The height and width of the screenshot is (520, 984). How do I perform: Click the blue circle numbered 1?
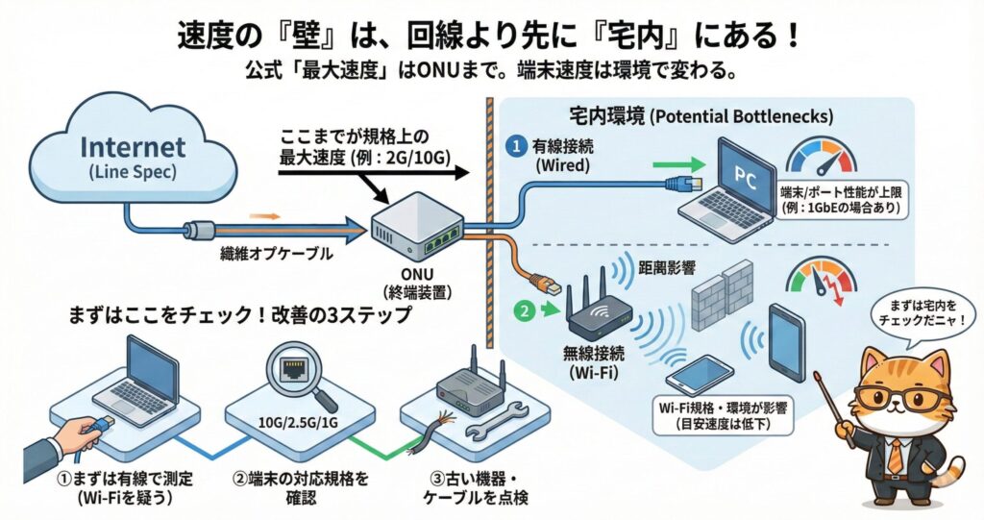516,147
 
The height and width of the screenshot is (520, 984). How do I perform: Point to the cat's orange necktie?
895,451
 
